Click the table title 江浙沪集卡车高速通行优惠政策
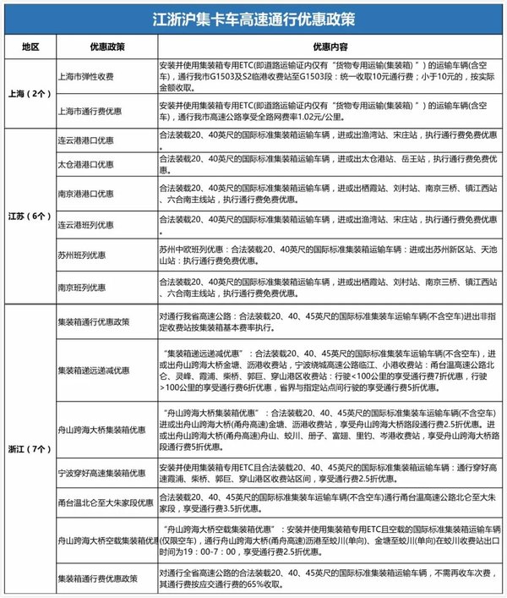point(253,17)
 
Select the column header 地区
point(28,44)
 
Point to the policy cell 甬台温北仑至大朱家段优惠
point(104,500)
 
